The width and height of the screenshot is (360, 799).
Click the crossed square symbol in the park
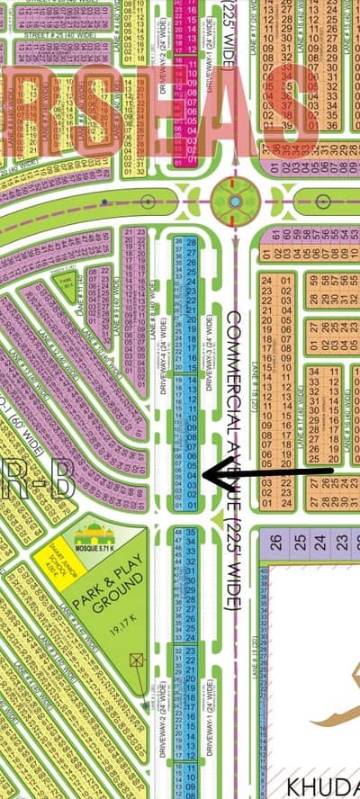pyautogui.click(x=137, y=660)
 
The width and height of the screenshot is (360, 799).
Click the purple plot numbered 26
pyautogui.click(x=276, y=542)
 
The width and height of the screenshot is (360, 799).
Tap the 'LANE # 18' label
pyautogui.click(x=255, y=378)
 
